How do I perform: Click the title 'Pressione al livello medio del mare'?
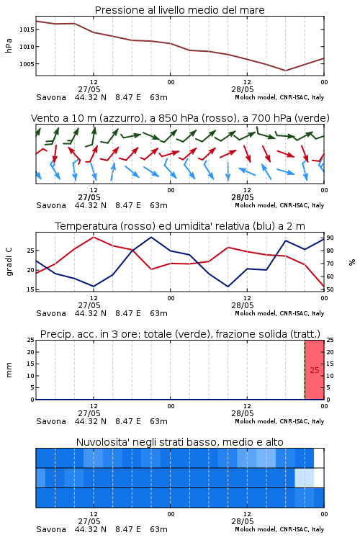(x=179, y=10)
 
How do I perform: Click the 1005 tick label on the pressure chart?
(x=27, y=63)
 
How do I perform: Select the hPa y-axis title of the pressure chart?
(x=9, y=45)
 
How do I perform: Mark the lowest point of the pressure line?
(x=285, y=71)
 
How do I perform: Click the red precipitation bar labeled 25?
(x=315, y=370)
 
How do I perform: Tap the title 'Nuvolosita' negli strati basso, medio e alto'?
(x=179, y=442)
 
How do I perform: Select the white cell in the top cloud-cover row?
(x=319, y=458)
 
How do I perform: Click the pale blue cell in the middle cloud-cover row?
(x=304, y=477)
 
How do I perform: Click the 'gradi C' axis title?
(x=9, y=262)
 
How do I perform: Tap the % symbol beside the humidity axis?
(x=352, y=262)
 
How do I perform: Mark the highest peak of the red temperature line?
(x=94, y=237)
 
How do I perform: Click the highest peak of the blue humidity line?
(x=151, y=237)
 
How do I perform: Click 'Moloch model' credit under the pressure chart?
(x=256, y=97)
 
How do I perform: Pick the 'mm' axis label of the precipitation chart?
(x=9, y=370)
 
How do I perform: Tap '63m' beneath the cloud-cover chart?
(x=158, y=529)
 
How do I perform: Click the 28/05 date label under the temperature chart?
(x=243, y=305)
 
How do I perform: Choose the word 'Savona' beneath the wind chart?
(x=51, y=205)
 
